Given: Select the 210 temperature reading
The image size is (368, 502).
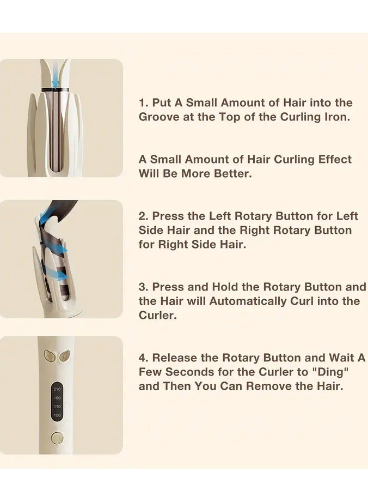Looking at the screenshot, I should pyautogui.click(x=57, y=389).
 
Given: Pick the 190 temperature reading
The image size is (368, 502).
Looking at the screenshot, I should pyautogui.click(x=57, y=398).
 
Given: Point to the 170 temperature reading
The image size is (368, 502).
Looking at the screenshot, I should pyautogui.click(x=57, y=407).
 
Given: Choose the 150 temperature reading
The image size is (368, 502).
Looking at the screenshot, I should pyautogui.click(x=57, y=415).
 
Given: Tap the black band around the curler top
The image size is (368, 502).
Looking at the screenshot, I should pyautogui.click(x=57, y=88).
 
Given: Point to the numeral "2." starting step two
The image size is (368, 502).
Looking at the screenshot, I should pyautogui.click(x=144, y=216).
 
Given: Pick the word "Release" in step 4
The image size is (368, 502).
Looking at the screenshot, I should pyautogui.click(x=177, y=358).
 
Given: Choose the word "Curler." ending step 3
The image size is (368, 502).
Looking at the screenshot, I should pyautogui.click(x=157, y=316).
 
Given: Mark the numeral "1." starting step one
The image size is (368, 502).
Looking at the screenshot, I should pyautogui.click(x=143, y=103).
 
